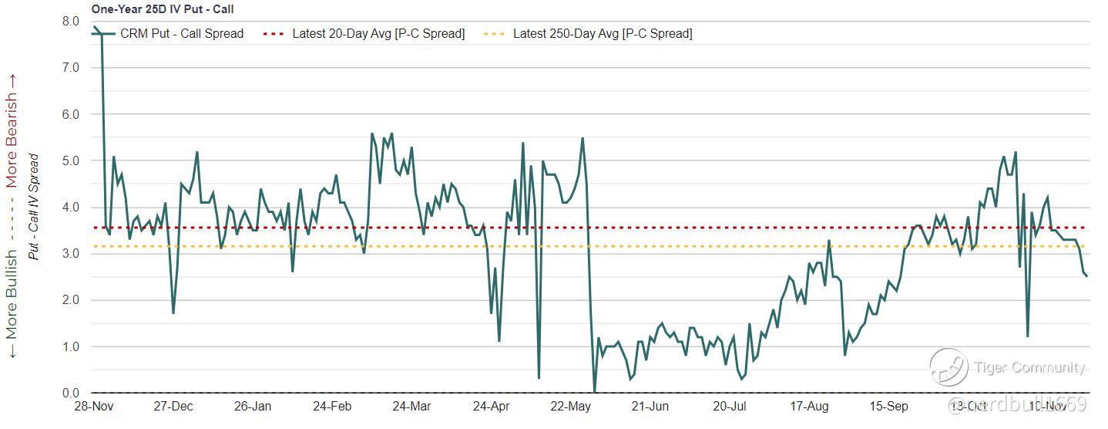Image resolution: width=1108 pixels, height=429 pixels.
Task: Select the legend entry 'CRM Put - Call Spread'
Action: (182, 34)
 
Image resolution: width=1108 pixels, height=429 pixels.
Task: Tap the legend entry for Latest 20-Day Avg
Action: (378, 34)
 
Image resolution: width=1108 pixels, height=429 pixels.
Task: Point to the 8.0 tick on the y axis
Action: (71, 22)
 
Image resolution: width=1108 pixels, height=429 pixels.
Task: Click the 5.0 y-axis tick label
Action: (71, 161)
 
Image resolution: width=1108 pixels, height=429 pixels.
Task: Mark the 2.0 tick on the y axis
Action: (71, 300)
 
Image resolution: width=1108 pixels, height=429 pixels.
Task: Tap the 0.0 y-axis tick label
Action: (71, 394)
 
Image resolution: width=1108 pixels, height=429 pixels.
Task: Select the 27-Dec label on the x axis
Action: (173, 407)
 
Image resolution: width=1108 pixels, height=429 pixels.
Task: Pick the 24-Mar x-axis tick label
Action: (411, 407)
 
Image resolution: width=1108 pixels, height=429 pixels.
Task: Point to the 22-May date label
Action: (570, 407)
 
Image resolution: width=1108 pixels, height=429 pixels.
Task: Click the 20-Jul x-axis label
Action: (730, 407)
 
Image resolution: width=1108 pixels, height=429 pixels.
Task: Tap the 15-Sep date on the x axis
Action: (888, 407)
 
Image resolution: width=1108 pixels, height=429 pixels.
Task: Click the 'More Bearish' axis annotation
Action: (12, 131)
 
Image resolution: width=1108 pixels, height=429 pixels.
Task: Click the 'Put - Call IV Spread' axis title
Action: (34, 206)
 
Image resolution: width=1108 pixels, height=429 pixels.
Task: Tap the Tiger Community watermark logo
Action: (949, 367)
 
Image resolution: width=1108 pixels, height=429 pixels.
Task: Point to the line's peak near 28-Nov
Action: (95, 28)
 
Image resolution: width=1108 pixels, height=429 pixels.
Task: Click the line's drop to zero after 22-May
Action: (594, 392)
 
